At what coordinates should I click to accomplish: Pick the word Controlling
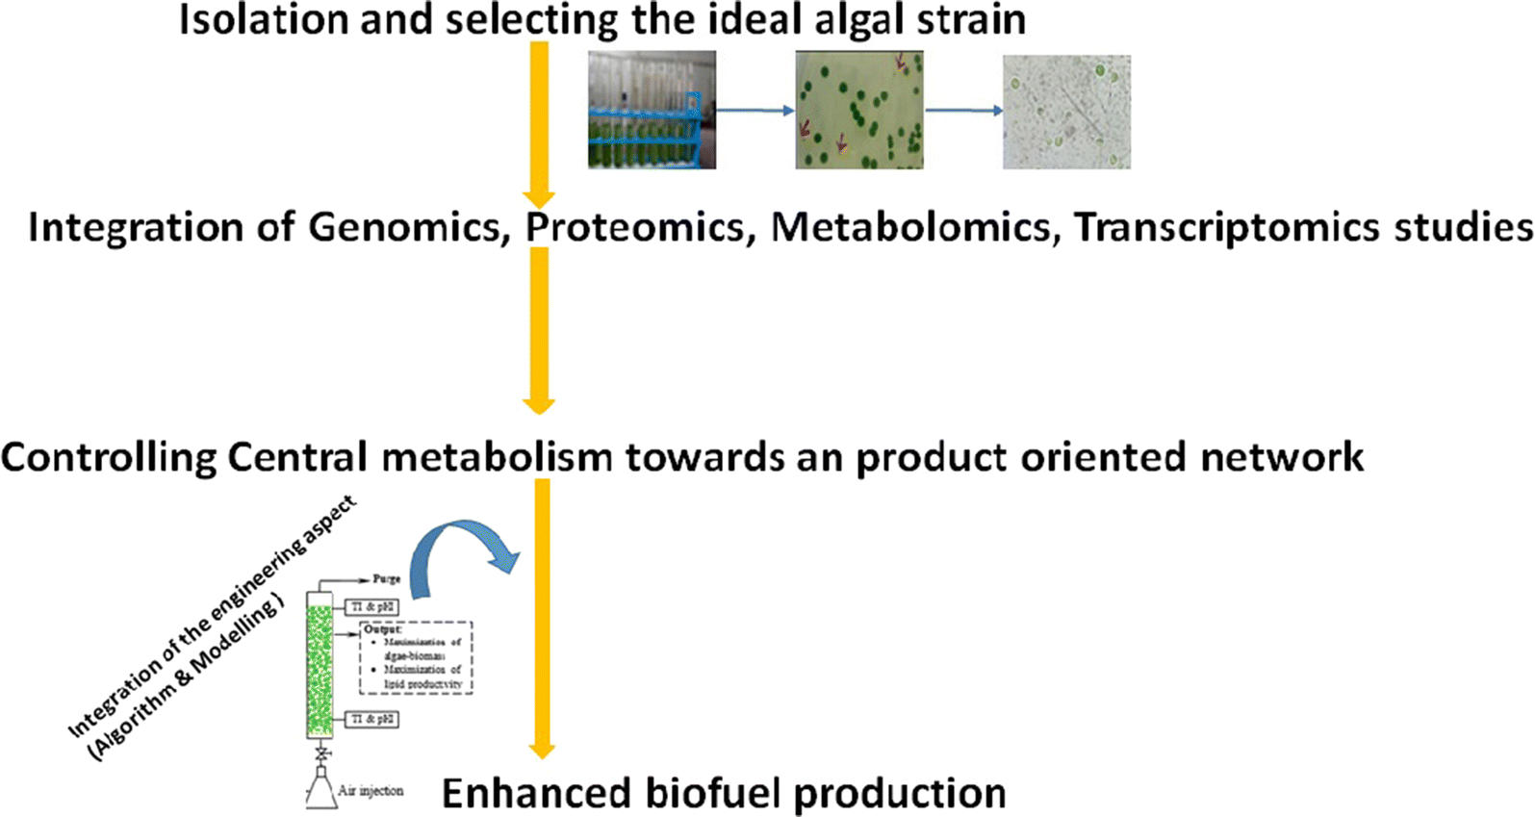click(x=108, y=457)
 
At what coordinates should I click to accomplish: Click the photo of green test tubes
click(x=652, y=110)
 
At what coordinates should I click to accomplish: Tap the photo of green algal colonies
click(x=858, y=110)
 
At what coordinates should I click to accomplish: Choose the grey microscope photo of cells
click(x=1066, y=112)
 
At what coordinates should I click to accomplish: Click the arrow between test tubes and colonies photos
click(x=755, y=110)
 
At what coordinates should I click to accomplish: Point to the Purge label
click(x=386, y=579)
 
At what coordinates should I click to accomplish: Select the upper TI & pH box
click(x=371, y=607)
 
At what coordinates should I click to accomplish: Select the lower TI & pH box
click(x=371, y=719)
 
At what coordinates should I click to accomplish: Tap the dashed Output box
click(x=416, y=656)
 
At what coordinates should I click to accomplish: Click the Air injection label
click(x=371, y=791)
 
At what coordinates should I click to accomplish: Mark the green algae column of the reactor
click(x=319, y=664)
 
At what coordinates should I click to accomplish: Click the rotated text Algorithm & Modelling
click(x=187, y=678)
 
